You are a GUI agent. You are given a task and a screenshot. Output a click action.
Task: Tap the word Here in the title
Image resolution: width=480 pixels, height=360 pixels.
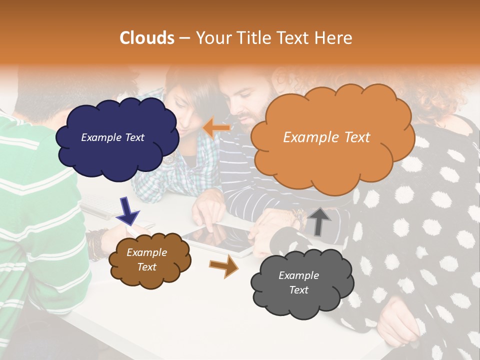tap(335, 38)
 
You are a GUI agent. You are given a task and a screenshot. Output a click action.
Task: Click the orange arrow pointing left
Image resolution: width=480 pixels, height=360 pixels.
tap(216, 128)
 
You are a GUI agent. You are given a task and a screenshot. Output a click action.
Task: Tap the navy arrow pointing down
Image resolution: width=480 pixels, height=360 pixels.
tap(128, 210)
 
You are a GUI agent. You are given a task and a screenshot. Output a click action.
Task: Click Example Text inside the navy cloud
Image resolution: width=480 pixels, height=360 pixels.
tap(112, 137)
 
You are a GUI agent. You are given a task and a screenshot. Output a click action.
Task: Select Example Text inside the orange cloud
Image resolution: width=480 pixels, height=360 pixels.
tap(326, 137)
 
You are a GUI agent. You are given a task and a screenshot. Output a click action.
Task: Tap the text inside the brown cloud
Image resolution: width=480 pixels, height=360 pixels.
tap(147, 260)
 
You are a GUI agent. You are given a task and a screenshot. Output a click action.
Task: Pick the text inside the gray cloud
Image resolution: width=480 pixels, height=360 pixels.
tap(298, 282)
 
